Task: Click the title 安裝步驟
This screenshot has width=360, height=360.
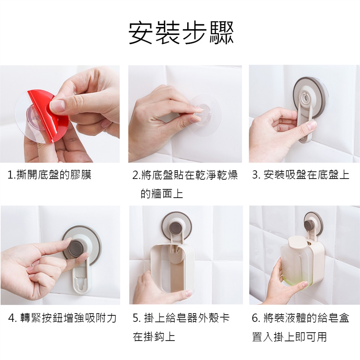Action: click(180, 33)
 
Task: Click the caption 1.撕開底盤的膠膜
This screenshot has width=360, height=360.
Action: click(49, 175)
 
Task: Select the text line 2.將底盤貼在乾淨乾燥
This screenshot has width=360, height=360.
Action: click(185, 175)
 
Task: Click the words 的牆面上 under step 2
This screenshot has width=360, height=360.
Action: click(162, 193)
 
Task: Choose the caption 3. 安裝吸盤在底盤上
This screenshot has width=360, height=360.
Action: click(300, 175)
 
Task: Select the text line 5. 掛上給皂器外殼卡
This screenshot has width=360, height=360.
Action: click(181, 318)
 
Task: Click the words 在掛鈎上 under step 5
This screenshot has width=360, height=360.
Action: click(154, 337)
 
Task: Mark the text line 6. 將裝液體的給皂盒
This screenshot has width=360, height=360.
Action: click(300, 318)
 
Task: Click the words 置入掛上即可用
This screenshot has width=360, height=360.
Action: click(289, 337)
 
